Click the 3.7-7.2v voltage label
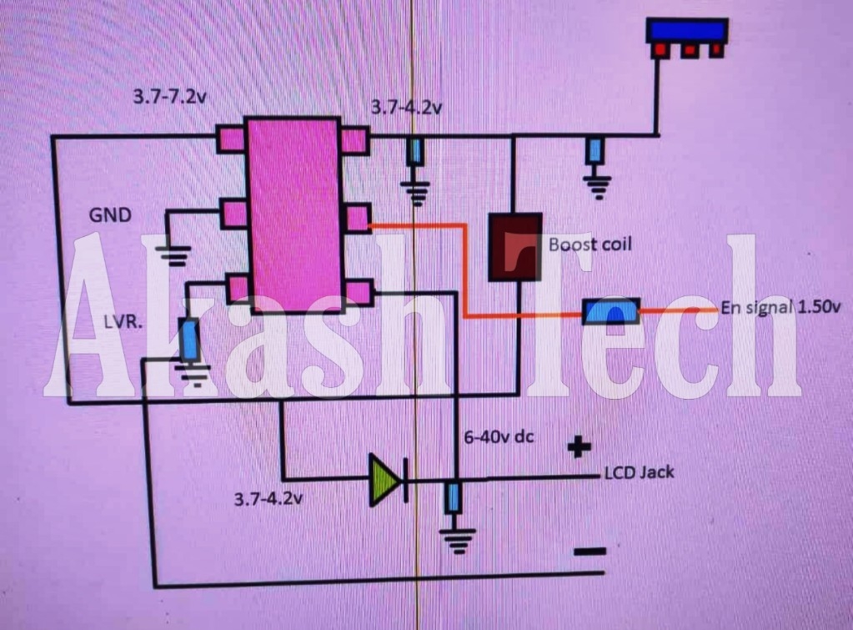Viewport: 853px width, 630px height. [x=170, y=96]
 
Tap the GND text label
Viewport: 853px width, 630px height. [x=110, y=215]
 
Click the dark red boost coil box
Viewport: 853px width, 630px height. [x=514, y=246]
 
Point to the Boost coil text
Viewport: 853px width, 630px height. [x=590, y=244]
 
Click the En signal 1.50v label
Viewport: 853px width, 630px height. [x=780, y=307]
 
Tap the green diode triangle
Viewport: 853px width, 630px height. [x=385, y=481]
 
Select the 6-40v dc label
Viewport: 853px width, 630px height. [x=499, y=436]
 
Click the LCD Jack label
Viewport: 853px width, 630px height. [x=639, y=473]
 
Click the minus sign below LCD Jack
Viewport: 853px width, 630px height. [x=590, y=552]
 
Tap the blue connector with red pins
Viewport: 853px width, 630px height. [x=689, y=37]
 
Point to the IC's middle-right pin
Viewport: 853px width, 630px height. [x=356, y=218]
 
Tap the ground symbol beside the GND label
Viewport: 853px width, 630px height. [x=175, y=255]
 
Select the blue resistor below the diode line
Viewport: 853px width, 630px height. [x=454, y=498]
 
